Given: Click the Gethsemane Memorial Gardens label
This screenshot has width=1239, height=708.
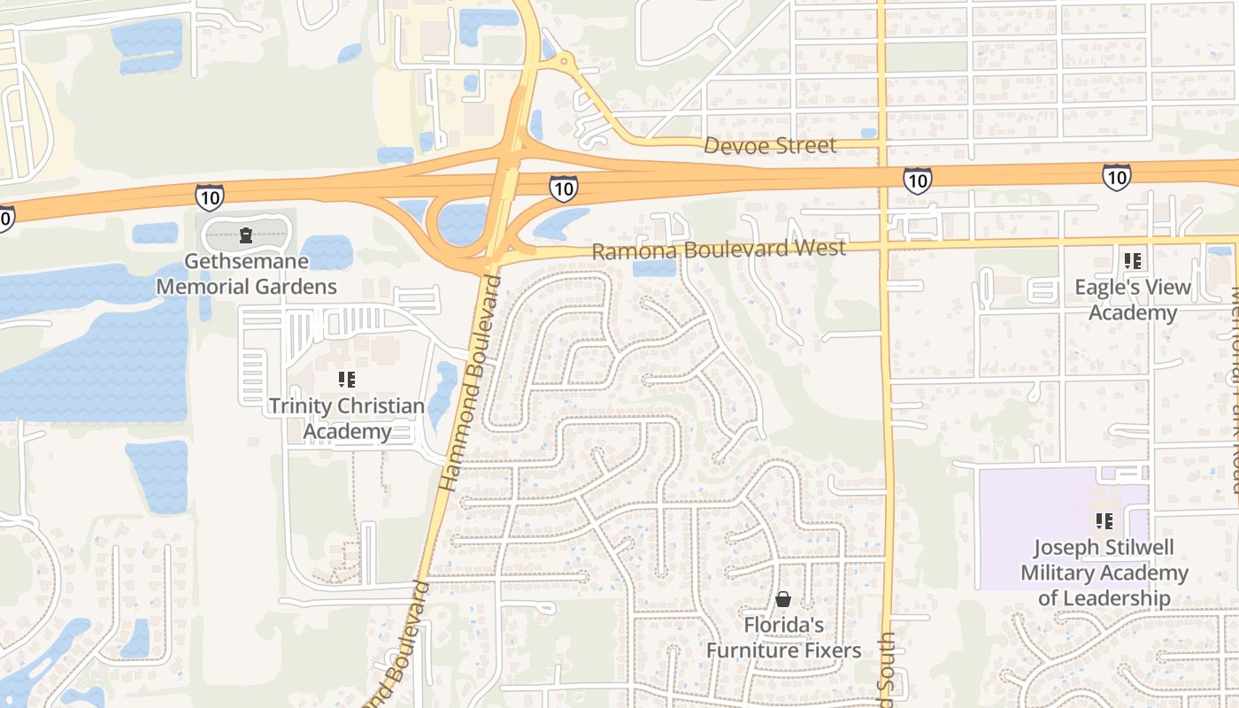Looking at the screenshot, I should pos(246,273).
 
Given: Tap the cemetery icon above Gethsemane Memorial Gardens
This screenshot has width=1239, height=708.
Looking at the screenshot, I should pos(246,235).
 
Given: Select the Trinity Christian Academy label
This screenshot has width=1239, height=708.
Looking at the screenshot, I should pos(347,419).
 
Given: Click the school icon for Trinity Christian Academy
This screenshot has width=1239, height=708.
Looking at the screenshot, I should pos(347,380).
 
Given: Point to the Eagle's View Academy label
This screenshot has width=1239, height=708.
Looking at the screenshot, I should pos(1133,300).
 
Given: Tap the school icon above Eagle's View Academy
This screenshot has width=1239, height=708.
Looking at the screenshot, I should pos(1133,261).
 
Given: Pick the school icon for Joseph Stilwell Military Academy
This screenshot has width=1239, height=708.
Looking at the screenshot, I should pos(1104,520).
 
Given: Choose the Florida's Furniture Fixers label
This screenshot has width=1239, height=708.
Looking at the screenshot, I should pos(783,638).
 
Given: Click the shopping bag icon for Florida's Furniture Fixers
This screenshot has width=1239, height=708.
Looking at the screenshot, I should pos(783,600).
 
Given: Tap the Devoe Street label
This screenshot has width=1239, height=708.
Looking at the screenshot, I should pos(770,145).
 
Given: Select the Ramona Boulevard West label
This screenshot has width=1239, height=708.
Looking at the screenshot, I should pos(718,250).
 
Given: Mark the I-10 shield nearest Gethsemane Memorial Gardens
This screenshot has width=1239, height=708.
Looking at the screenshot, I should pos(209,196).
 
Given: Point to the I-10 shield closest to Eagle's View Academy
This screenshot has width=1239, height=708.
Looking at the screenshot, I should pos(1117,177).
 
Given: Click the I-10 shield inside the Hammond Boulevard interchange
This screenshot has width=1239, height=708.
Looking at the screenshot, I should pos(564,188).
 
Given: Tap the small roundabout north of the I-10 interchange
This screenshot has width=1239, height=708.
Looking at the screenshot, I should pos(564,63).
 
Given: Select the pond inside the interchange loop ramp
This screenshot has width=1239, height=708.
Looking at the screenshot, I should pos(462,224).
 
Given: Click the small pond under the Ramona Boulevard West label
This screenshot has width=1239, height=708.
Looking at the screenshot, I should pos(654,268).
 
